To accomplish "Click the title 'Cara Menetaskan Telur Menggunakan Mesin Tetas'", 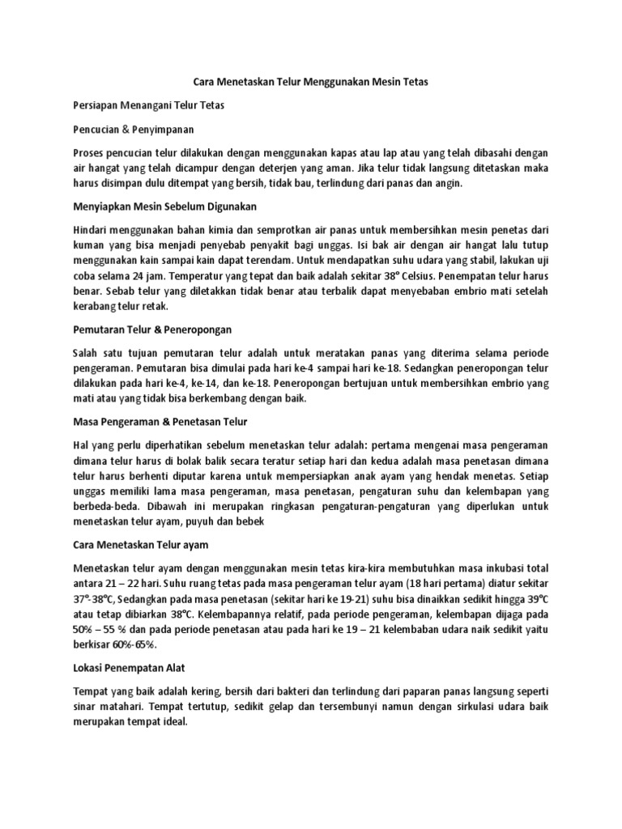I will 311,82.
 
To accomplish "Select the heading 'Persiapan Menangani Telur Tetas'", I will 149,105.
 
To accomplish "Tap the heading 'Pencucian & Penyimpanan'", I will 134,129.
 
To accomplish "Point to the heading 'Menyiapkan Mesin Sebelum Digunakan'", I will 164,206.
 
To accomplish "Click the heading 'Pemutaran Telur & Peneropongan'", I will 153,330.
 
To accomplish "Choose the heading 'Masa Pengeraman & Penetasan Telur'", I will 161,422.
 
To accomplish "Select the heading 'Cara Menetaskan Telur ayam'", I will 146,545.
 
